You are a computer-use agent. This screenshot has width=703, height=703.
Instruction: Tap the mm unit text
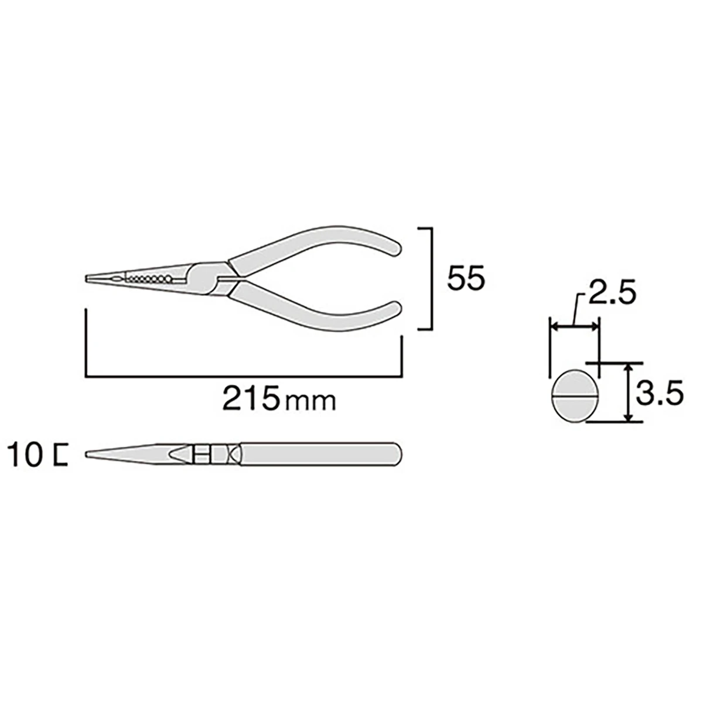tap(310, 402)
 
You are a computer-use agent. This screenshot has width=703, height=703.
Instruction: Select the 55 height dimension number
tap(466, 279)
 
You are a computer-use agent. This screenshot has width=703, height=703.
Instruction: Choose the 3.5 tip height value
tap(659, 391)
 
